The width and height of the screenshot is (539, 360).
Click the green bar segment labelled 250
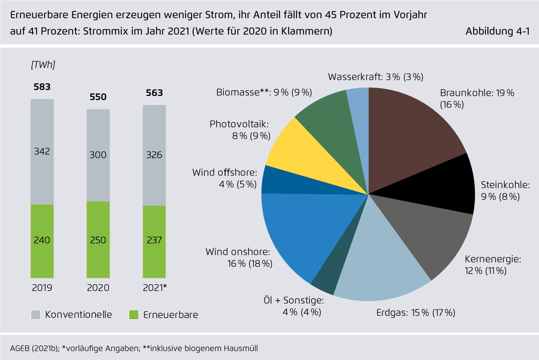[98, 240]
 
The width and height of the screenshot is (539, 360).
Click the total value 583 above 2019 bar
[42, 87]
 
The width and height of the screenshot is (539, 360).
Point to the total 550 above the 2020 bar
[98, 97]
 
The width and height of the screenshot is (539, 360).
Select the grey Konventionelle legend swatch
[36, 315]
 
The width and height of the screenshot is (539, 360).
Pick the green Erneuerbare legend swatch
[134, 315]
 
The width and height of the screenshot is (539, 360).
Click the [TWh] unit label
[43, 65]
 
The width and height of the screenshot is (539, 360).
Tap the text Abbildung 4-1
[498, 31]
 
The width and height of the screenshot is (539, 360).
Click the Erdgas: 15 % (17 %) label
[416, 313]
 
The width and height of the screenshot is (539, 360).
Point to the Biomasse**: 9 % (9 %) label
[264, 92]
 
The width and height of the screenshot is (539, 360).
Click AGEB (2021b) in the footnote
[34, 349]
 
